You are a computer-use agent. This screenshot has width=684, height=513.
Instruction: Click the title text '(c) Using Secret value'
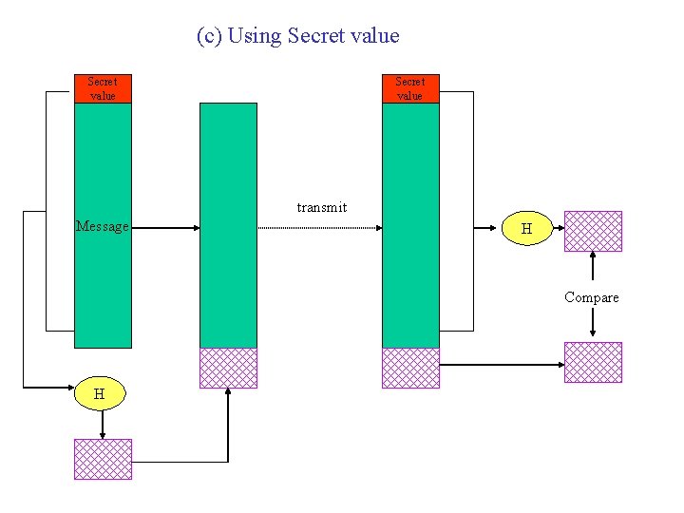coord(297,36)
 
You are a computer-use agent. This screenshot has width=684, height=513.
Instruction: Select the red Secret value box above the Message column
coord(103,88)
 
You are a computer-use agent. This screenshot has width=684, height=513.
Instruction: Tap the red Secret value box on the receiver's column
coord(410,88)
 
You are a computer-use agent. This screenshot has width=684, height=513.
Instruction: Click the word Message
coord(102,226)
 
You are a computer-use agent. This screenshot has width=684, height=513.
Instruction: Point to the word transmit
coord(321,207)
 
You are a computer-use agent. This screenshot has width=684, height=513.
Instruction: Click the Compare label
coord(591,297)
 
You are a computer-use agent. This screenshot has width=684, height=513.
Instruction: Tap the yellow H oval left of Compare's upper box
coord(526,229)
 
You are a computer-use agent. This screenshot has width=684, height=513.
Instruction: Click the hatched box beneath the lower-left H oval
coord(103,459)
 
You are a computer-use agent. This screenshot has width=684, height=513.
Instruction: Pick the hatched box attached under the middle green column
coord(228,368)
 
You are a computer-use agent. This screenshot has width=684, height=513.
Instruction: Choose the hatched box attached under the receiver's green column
coord(410,368)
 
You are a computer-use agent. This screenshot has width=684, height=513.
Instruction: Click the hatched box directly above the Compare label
coord(593,231)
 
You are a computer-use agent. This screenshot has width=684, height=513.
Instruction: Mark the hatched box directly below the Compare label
coord(593,362)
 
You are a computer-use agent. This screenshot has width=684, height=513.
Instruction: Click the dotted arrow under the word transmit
coord(319,228)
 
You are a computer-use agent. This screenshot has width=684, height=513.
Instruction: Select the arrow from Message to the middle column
coord(164,228)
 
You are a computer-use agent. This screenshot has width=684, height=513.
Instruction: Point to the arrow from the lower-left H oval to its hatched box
coord(103,424)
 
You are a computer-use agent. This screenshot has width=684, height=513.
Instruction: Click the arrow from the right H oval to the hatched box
coord(558,229)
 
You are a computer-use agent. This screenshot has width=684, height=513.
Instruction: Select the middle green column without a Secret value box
coord(228,224)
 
